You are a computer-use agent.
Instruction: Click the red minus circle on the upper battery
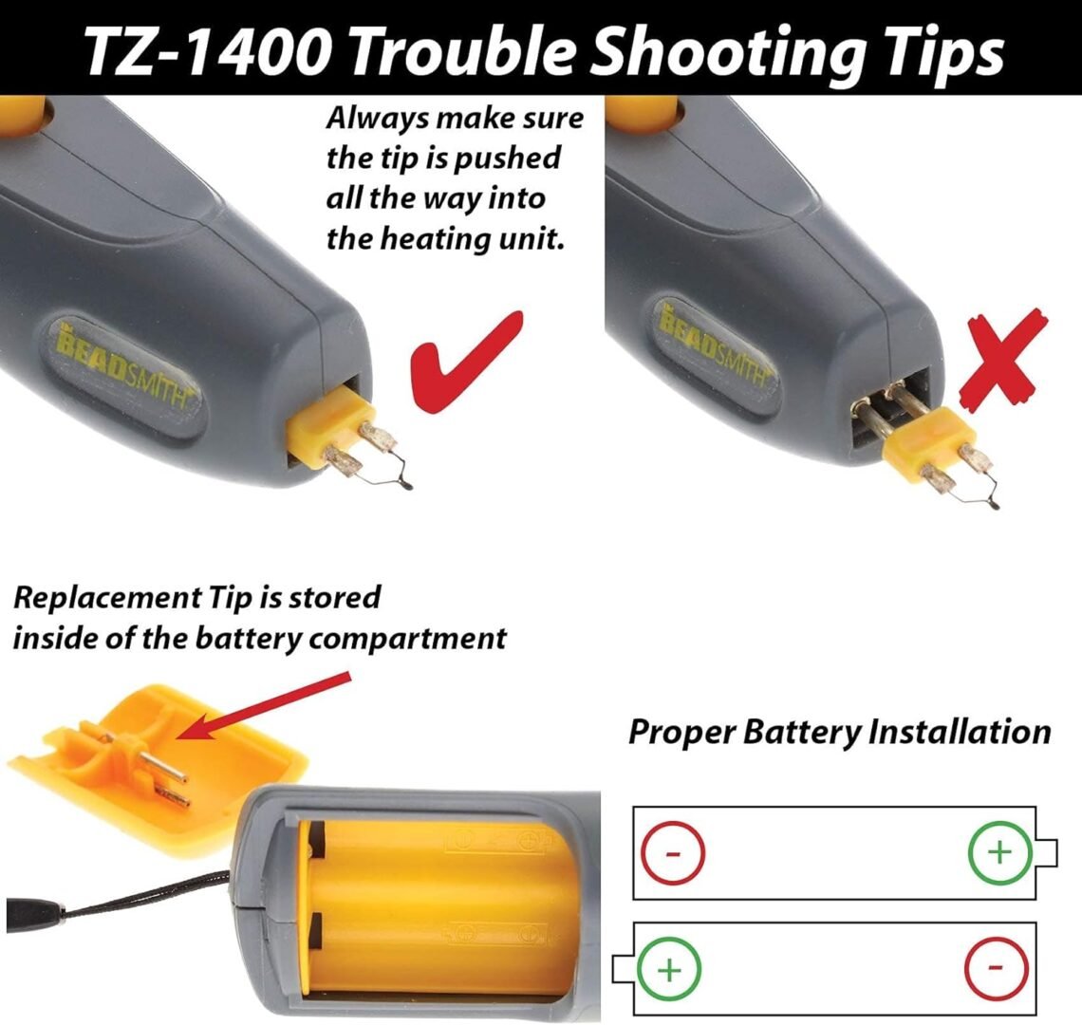pyautogui.click(x=673, y=853)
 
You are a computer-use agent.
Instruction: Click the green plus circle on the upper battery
pyautogui.click(x=999, y=852)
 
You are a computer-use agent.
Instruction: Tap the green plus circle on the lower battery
pyautogui.click(x=668, y=970)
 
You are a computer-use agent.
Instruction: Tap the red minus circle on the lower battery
pyautogui.click(x=996, y=968)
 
